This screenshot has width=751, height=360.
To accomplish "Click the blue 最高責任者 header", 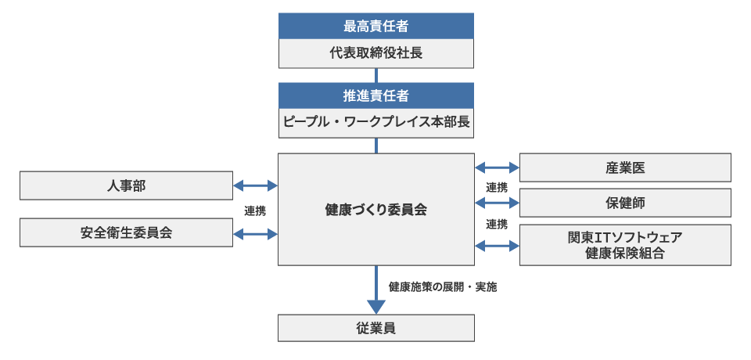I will (x=376, y=26).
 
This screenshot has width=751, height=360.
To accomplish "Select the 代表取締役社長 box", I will (x=376, y=53).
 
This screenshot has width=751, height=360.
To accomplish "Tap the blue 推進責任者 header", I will (x=376, y=95).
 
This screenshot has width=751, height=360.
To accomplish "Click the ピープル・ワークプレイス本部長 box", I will (x=376, y=124).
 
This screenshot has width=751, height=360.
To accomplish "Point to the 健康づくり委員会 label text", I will (x=376, y=210).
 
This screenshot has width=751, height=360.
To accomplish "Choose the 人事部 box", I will (x=126, y=185).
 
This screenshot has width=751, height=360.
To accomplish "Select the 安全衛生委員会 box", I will (x=126, y=232).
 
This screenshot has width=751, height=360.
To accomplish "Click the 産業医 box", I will (x=625, y=167).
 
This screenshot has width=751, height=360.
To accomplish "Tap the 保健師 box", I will (x=625, y=203).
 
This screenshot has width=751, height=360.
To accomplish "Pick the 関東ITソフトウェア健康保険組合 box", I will (x=625, y=245).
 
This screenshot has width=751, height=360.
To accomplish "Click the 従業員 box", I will (x=376, y=328).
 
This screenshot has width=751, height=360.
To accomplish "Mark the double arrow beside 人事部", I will (x=256, y=185).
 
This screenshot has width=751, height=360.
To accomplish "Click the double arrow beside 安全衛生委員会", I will (x=256, y=232).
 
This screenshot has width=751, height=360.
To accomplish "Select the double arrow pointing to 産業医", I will (x=497, y=167).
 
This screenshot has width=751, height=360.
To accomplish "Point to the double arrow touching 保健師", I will (x=497, y=203).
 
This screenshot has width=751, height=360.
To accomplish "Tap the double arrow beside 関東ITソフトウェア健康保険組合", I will (x=497, y=245).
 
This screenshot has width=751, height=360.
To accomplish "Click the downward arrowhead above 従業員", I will (x=376, y=305).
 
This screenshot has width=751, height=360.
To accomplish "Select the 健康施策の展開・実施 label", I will (x=443, y=286).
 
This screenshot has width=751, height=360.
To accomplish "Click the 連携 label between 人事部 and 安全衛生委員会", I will (x=255, y=210).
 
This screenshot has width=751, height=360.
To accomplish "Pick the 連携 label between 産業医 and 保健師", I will (x=497, y=186).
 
